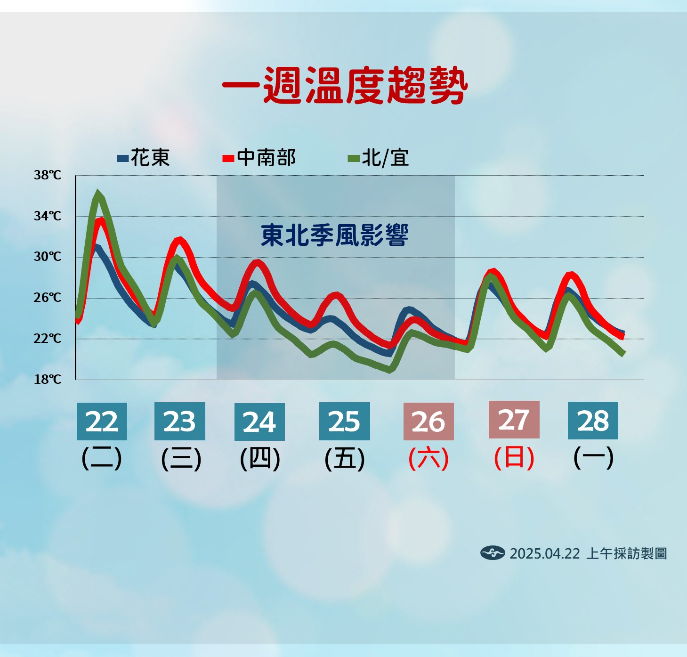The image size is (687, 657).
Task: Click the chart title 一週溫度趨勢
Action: [x=345, y=85]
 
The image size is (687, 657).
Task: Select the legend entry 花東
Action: [x=143, y=157]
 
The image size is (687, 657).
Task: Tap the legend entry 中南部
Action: [x=259, y=157]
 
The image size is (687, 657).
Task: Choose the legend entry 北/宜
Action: [x=379, y=157]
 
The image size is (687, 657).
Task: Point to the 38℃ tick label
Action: [x=47, y=175]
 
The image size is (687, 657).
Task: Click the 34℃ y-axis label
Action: [x=47, y=216]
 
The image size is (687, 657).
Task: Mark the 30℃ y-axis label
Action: [x=47, y=256]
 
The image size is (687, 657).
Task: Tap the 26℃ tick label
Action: [x=47, y=298]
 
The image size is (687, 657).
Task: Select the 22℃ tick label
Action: [x=47, y=339]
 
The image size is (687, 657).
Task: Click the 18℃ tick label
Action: [x=47, y=380]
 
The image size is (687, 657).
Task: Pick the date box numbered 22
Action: [x=102, y=421]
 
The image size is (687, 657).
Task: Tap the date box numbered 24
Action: [x=259, y=422]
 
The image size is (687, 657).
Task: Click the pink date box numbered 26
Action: [x=428, y=421]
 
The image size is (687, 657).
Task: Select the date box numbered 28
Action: [x=593, y=421]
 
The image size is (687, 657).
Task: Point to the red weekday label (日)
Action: [x=514, y=458]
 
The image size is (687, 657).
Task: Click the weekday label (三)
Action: [x=181, y=459]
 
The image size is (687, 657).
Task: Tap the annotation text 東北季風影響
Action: [x=335, y=235]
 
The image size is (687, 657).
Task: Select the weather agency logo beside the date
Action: [x=493, y=553]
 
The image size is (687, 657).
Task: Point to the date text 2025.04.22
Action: [x=545, y=553]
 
